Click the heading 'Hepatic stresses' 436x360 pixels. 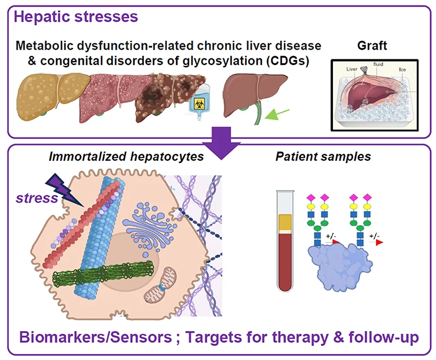pos(76,16)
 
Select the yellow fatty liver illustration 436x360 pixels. pos(46,93)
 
